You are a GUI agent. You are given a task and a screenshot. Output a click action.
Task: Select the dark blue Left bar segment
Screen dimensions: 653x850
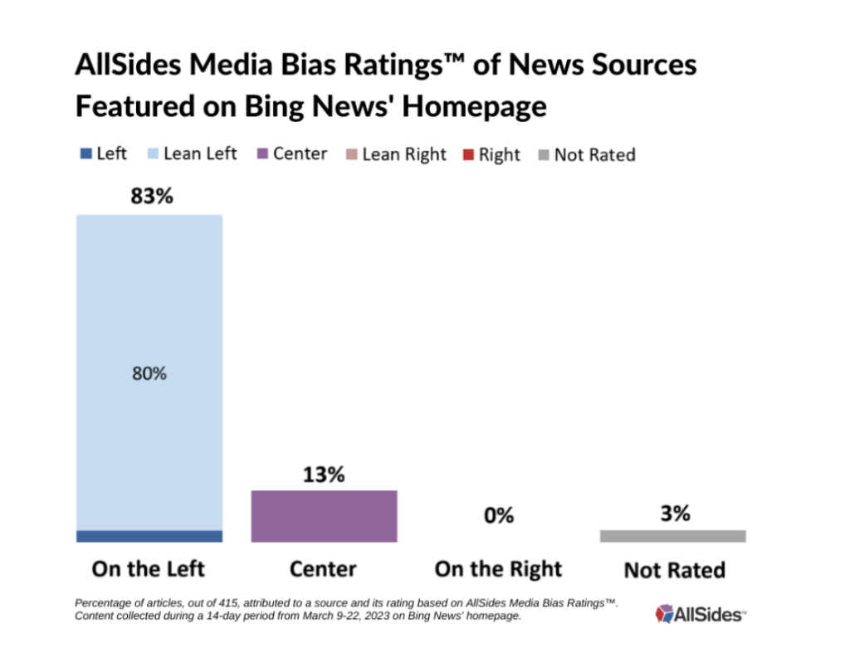click(x=149, y=536)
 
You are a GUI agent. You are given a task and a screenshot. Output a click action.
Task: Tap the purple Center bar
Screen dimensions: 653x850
click(x=324, y=515)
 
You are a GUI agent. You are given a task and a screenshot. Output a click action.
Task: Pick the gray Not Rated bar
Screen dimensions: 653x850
click(x=672, y=536)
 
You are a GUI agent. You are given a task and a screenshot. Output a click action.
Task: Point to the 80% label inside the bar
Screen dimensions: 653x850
click(x=149, y=373)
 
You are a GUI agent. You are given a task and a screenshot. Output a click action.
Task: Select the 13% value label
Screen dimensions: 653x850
click(x=323, y=475)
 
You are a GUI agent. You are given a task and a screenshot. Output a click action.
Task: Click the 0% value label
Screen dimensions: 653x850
click(x=498, y=515)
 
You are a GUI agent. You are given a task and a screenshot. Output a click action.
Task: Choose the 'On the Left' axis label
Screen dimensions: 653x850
click(x=149, y=568)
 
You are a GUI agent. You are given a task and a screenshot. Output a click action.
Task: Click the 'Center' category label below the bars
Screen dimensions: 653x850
click(x=323, y=568)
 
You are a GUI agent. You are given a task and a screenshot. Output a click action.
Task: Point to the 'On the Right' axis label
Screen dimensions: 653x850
click(x=498, y=568)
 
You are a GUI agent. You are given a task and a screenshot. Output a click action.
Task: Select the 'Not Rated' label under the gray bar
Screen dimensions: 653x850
click(x=674, y=570)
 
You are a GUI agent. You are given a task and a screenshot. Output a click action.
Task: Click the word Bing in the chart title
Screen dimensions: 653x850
click(x=278, y=107)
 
